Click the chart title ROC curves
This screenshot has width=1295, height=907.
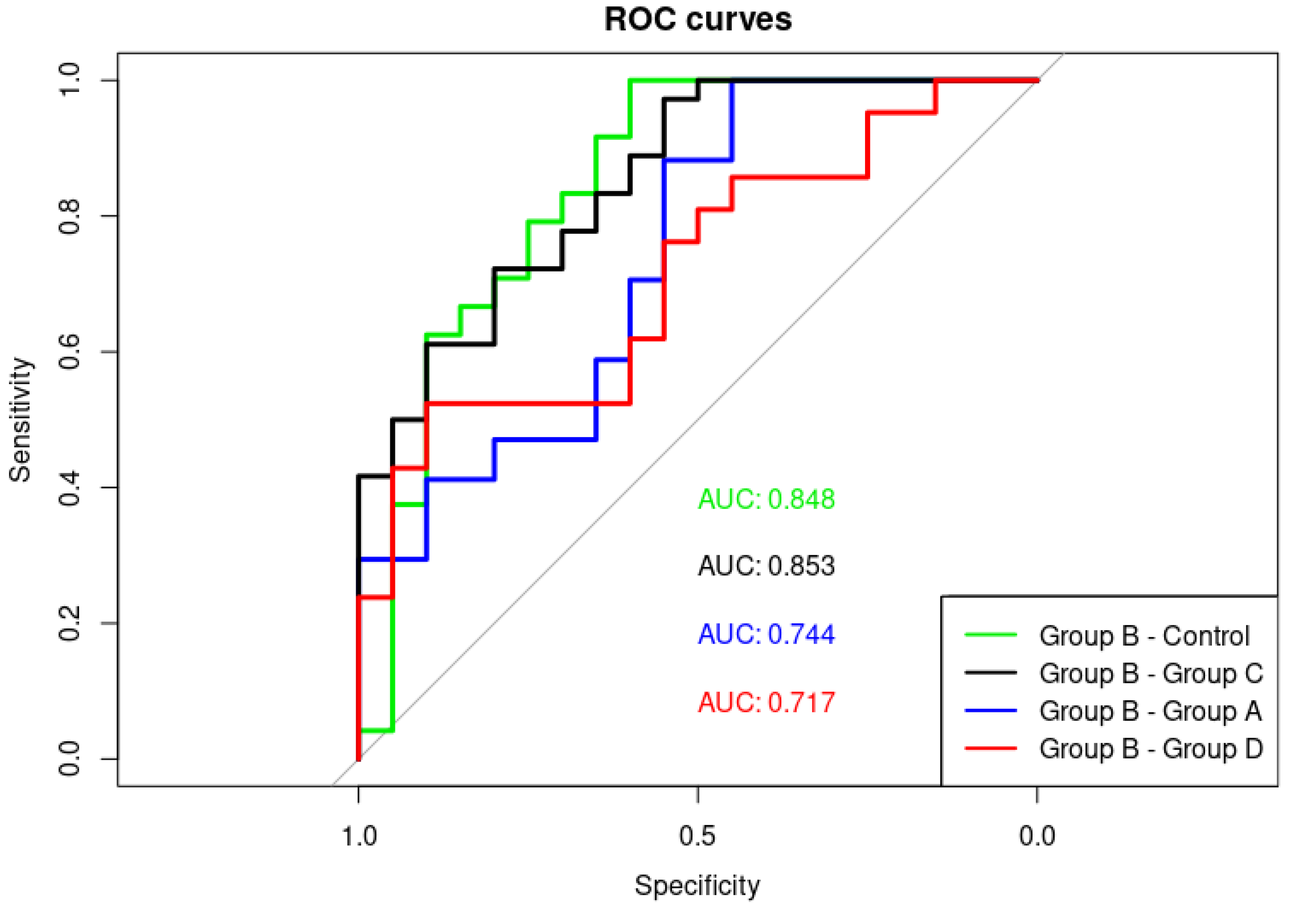(x=698, y=20)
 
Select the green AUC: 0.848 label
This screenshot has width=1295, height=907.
(x=766, y=499)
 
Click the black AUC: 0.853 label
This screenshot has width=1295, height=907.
(x=766, y=566)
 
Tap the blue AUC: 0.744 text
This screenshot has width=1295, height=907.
(x=766, y=634)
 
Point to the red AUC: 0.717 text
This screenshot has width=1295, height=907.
(x=766, y=702)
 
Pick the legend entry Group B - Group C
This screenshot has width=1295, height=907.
(x=1150, y=673)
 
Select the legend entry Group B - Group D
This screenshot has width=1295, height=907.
(x=1150, y=748)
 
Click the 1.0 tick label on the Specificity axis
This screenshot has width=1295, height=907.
(x=359, y=836)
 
